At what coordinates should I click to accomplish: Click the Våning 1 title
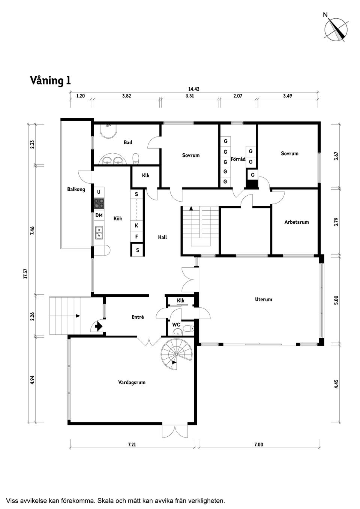(x=50, y=81)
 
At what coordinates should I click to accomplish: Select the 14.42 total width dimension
(x=193, y=89)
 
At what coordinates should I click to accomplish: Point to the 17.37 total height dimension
(x=25, y=274)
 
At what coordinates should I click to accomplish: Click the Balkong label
(x=76, y=189)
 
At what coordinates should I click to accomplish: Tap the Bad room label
(x=128, y=142)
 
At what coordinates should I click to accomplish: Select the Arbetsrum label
(x=296, y=222)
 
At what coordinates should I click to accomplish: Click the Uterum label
(x=263, y=299)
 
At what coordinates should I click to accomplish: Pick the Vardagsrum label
(x=132, y=382)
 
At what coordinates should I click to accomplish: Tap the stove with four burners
(x=99, y=204)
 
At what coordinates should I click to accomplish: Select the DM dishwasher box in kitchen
(x=99, y=216)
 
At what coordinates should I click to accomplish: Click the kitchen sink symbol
(x=99, y=233)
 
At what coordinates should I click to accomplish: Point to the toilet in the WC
(x=188, y=329)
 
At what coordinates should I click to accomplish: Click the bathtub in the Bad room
(x=109, y=132)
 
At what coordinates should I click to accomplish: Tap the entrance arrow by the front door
(x=99, y=326)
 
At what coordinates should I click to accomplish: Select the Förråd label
(x=238, y=159)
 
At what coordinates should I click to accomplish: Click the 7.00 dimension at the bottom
(x=259, y=445)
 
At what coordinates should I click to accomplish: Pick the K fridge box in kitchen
(x=136, y=226)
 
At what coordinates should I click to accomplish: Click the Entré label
(x=138, y=317)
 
